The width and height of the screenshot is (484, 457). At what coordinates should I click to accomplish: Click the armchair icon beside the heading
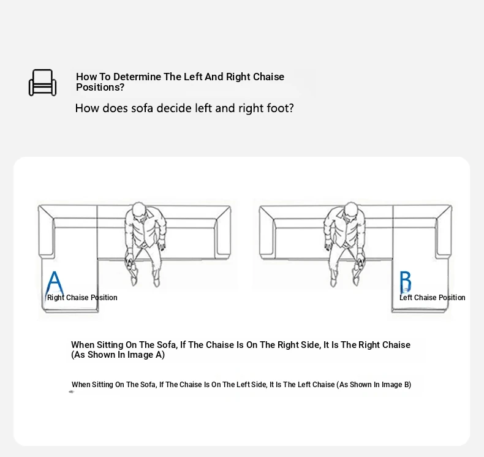click(43, 83)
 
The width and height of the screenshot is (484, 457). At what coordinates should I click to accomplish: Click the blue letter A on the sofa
click(55, 283)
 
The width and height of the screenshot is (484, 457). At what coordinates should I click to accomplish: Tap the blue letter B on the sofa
click(406, 282)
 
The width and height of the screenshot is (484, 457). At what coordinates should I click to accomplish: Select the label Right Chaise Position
click(82, 298)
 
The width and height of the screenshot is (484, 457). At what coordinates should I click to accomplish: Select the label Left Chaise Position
click(432, 298)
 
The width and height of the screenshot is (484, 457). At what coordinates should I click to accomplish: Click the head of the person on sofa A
click(139, 210)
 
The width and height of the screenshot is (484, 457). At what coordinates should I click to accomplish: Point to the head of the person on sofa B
click(350, 210)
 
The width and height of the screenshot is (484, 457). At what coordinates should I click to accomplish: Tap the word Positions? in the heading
click(100, 88)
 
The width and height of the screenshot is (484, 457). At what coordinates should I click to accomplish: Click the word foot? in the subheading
click(281, 108)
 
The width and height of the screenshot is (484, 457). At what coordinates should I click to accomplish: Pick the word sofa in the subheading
click(142, 108)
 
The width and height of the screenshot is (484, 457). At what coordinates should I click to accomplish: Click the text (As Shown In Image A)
click(118, 355)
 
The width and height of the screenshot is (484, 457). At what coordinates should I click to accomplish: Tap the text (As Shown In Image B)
click(374, 385)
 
